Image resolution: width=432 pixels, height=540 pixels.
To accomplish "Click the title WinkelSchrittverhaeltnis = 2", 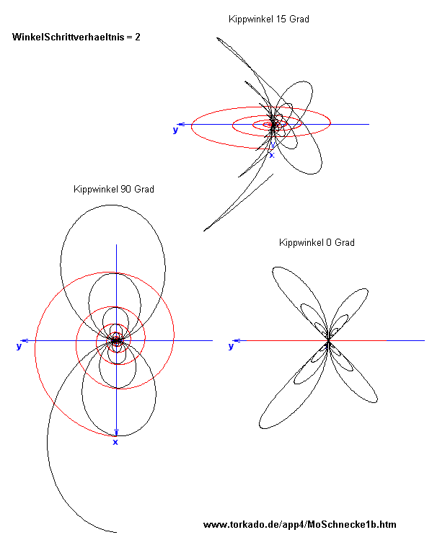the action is tap(76, 37).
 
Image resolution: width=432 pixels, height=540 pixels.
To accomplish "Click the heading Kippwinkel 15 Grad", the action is tap(269, 19).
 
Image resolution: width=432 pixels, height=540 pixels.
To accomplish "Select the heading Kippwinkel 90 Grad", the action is tap(114, 189).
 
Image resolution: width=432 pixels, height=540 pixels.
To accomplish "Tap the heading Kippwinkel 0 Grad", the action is tap(317, 242).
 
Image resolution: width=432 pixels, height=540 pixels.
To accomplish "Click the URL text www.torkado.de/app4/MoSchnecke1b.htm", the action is tap(300, 525).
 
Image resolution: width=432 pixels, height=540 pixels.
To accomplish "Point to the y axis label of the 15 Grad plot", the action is tap(175, 130).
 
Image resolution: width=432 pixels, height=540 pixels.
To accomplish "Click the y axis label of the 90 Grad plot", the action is tap(19, 346).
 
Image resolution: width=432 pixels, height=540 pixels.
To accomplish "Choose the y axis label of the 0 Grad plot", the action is tap(231, 346).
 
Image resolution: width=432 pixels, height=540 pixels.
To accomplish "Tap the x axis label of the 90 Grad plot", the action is tap(115, 442).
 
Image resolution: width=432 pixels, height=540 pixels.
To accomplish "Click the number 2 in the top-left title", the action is tap(138, 37).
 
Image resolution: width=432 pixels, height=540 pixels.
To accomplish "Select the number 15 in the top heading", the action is tap(281, 19).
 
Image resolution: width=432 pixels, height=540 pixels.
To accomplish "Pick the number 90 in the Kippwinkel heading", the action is tap(125, 189).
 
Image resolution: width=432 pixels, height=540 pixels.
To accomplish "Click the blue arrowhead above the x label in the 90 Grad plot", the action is tap(116, 432).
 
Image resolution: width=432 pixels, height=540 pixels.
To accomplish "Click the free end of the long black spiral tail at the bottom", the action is tap(116, 532).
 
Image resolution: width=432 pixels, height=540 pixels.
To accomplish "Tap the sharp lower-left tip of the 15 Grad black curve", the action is tap(204, 231).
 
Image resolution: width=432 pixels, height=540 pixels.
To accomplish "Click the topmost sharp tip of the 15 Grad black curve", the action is tap(217, 38).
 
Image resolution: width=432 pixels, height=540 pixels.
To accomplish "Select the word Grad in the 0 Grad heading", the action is tap(345, 242).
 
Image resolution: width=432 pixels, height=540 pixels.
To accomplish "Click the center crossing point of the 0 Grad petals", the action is tap(328, 340).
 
